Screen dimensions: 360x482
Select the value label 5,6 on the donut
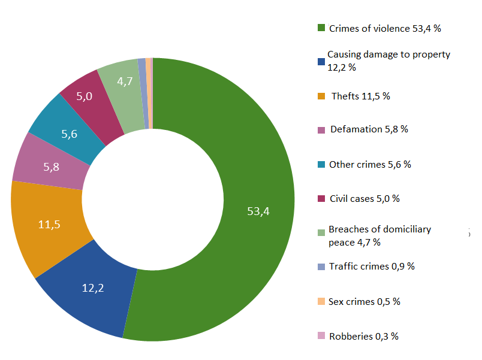coord(70,135)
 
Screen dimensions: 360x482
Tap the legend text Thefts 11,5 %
coord(360,96)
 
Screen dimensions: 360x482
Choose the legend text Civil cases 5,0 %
coord(364,198)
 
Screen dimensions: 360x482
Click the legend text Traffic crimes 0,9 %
coord(372,266)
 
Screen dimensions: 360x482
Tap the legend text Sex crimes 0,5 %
coord(364,301)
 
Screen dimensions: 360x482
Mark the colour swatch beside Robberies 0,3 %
coord(321,337)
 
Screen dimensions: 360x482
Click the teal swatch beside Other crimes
coord(321,165)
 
